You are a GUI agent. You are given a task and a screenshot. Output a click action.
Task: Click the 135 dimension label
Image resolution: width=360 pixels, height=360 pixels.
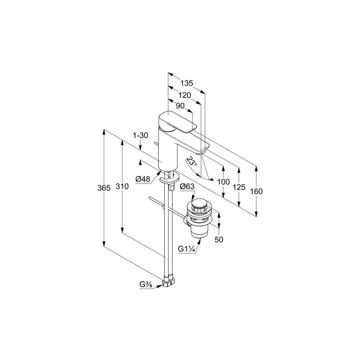(x=186, y=83)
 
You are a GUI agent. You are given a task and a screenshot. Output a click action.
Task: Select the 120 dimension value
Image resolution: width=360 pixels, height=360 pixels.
(x=185, y=95)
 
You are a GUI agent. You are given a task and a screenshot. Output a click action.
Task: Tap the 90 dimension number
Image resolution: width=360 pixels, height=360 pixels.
(x=180, y=106)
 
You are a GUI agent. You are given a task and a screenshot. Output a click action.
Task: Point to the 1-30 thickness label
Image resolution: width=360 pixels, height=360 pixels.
(x=140, y=135)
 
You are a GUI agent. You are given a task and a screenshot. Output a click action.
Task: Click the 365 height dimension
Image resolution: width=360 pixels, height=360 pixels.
(x=104, y=188)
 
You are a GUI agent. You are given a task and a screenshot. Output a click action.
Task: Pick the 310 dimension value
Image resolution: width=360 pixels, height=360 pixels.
(x=122, y=186)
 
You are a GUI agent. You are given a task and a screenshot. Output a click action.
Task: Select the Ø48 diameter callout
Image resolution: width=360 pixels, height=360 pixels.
(x=142, y=179)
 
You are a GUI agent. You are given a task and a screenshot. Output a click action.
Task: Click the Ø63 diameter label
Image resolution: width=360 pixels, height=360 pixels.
(x=187, y=186)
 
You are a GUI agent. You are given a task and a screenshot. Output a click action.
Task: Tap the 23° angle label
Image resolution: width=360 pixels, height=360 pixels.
(x=191, y=161)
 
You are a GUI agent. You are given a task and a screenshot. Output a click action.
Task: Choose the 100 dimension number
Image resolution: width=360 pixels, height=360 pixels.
(x=223, y=182)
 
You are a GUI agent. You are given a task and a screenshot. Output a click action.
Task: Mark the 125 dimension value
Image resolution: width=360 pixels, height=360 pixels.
(x=239, y=187)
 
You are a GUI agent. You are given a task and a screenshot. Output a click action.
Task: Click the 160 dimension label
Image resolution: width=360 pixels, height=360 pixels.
(x=256, y=191)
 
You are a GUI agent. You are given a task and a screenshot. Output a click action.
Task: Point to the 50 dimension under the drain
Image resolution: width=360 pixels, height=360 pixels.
(x=219, y=239)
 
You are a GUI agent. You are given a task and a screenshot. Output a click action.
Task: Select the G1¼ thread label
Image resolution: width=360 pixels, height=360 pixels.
(x=186, y=249)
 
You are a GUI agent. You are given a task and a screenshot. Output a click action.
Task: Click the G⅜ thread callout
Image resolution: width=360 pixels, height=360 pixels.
(x=145, y=284)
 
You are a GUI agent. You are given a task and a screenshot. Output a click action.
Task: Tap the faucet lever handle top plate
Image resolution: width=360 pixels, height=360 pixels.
(x=177, y=122)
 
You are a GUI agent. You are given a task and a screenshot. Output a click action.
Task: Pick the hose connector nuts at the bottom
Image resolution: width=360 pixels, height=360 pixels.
(x=169, y=282)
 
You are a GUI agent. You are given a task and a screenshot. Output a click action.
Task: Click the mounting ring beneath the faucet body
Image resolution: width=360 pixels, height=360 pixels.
(x=169, y=178)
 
